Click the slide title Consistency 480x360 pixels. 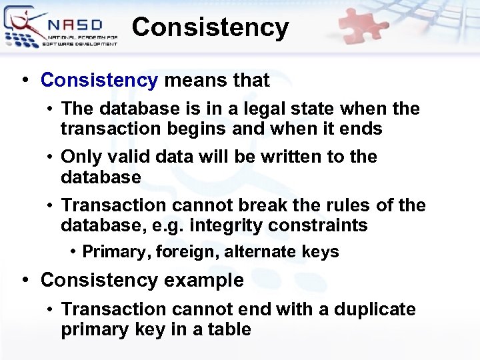coord(210,28)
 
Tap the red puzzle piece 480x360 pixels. coord(365,26)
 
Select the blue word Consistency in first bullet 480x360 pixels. coord(99,81)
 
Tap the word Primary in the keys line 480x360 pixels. coord(111,252)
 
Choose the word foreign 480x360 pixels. coord(180,252)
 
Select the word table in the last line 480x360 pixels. coord(229,329)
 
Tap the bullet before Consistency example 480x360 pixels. coord(25,281)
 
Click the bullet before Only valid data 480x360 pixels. coord(50,157)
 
